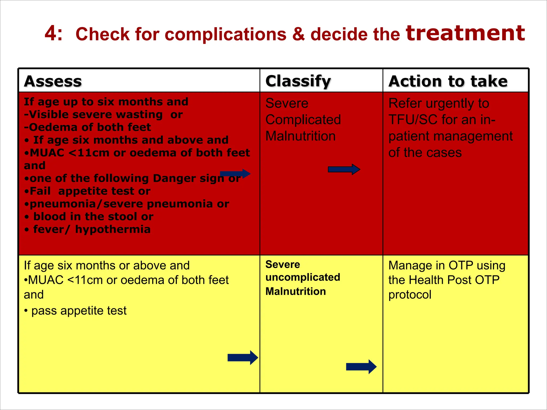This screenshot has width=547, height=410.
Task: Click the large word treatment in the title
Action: [x=465, y=33]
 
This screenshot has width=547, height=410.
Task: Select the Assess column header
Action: [x=53, y=81]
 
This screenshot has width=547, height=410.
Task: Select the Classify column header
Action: [x=298, y=81]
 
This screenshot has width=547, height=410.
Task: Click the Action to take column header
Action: [x=448, y=81]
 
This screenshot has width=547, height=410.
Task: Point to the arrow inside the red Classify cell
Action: [x=344, y=169]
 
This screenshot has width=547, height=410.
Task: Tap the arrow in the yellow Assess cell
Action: [x=243, y=357]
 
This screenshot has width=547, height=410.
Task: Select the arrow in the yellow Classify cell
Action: [x=361, y=366]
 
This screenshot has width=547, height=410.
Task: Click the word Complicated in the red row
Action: [x=303, y=120]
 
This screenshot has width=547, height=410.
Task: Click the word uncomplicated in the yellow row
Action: [x=303, y=278]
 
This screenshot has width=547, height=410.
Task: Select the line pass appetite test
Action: [x=79, y=311]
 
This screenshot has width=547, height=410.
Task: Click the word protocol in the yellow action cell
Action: [x=410, y=295]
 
